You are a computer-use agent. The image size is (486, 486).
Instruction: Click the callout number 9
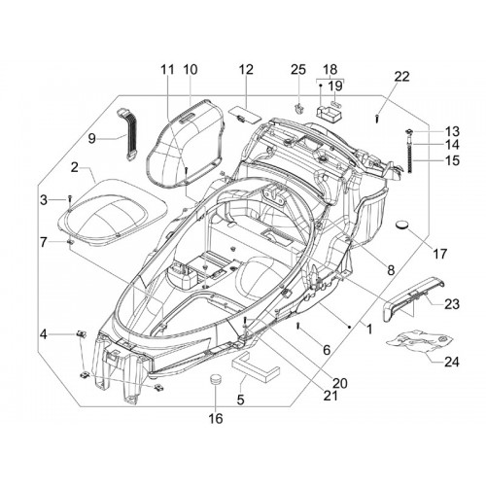click(92, 139)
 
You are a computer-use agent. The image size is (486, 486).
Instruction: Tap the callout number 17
click(440, 254)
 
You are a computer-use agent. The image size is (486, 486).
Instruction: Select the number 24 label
click(452, 362)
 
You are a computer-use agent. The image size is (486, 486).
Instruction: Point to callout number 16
click(216, 419)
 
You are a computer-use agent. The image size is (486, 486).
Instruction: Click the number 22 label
click(402, 77)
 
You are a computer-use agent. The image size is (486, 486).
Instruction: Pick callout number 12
click(246, 69)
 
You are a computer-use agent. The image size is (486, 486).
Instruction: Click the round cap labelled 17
click(402, 225)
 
